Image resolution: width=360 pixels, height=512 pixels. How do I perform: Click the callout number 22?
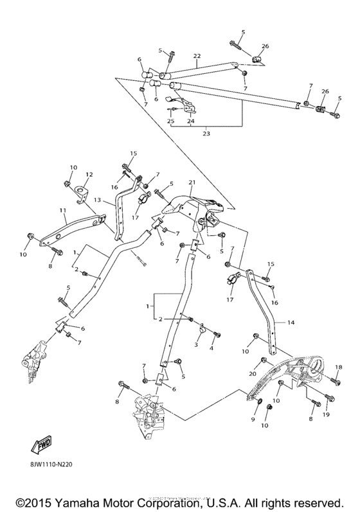click(197, 56)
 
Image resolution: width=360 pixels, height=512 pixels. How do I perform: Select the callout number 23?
click(205, 134)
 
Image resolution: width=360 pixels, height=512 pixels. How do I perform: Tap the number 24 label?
click(190, 121)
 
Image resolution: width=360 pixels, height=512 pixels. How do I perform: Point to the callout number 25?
click(170, 121)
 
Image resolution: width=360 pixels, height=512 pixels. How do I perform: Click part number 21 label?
click(191, 183)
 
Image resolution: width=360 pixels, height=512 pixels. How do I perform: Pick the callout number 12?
click(89, 174)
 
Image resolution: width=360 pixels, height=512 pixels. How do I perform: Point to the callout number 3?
click(197, 344)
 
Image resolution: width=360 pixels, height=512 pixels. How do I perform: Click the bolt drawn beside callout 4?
click(216, 335)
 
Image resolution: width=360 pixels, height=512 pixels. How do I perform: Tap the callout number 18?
click(338, 367)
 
